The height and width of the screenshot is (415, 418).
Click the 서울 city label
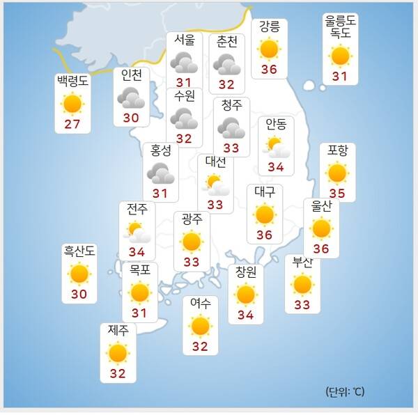[184, 40]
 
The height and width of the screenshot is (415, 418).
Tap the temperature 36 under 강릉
[270, 69]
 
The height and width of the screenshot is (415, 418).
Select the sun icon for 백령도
[72, 104]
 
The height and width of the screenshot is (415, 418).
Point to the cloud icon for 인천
[131, 98]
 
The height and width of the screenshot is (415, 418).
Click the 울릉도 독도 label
[341, 26]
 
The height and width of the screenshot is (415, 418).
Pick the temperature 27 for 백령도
[72, 125]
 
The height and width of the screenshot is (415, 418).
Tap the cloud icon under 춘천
[227, 65]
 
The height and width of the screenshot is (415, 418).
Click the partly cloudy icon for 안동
[277, 146]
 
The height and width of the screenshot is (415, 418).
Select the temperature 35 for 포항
[337, 193]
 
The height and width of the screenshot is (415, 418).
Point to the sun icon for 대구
[264, 214]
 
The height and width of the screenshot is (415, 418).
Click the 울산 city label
[320, 207]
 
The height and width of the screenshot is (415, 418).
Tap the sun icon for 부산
[302, 284]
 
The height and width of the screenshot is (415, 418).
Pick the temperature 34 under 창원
[245, 315]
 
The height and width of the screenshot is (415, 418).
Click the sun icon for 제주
[117, 353]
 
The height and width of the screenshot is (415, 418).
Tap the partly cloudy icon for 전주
[137, 232]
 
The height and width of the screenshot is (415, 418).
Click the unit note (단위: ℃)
[344, 391]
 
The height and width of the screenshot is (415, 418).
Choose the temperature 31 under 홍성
[160, 193]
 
